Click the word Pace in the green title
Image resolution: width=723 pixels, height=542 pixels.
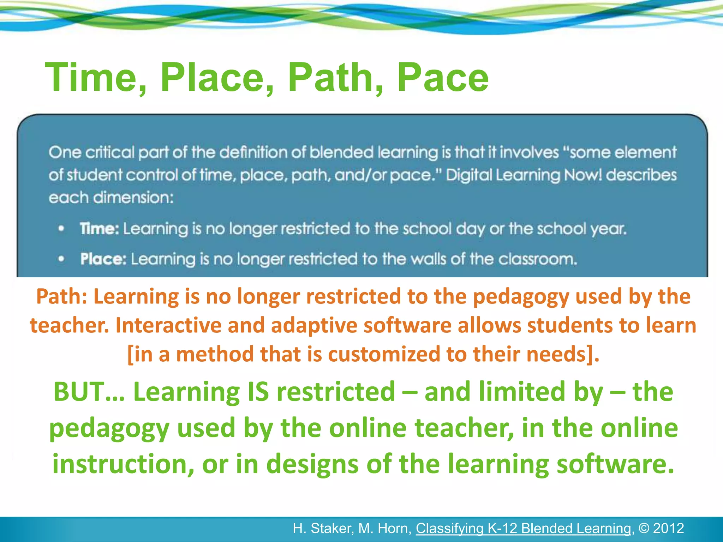[x=443, y=78]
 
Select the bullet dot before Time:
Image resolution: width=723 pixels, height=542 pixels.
[x=61, y=229]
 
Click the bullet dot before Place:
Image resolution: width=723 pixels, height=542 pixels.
[x=61, y=259]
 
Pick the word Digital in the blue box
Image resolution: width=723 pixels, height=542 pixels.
[x=468, y=175]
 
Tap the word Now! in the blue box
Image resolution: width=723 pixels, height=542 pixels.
[x=582, y=175]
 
